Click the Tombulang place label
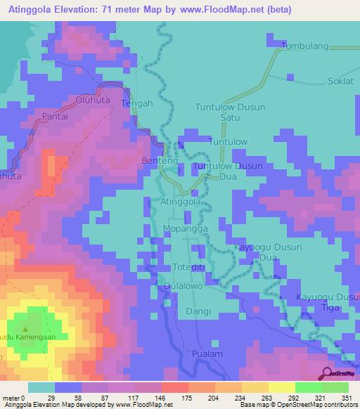pyautogui.click(x=304, y=46)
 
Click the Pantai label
pyautogui.click(x=55, y=117)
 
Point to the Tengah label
pyautogui.click(x=137, y=103)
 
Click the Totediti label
pyautogui.click(x=188, y=267)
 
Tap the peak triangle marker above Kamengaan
pyautogui.click(x=26, y=329)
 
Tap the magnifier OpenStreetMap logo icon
pyautogui.click(x=328, y=373)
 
